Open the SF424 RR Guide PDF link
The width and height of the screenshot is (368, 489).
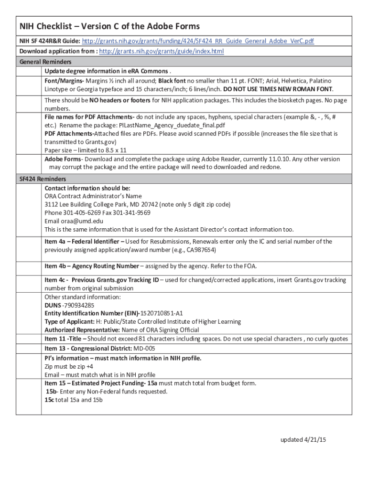coord(198,42)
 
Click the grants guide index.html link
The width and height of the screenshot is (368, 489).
coord(161,52)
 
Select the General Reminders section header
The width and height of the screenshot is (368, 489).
coord(45,62)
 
